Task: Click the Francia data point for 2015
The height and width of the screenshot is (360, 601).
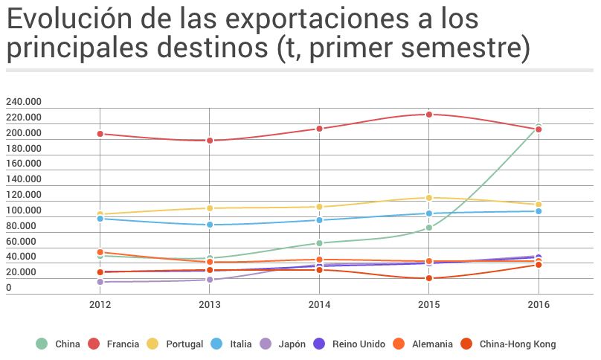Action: click(429, 115)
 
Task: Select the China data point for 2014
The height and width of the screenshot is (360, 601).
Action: click(319, 243)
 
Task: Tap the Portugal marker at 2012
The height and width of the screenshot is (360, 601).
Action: click(100, 214)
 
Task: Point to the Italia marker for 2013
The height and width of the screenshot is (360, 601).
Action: click(210, 225)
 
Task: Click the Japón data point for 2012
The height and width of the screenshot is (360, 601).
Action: click(100, 282)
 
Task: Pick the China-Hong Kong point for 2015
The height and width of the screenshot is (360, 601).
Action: click(429, 278)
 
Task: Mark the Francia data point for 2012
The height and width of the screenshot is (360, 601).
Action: click(100, 134)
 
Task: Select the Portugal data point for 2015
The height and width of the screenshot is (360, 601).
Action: click(429, 198)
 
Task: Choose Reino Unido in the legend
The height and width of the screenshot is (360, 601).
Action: click(358, 344)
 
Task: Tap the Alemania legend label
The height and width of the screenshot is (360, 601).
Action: click(431, 344)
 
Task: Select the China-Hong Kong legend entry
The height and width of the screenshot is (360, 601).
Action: click(517, 344)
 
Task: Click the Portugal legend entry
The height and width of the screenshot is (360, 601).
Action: click(184, 344)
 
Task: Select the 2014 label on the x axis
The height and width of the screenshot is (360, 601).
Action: click(319, 305)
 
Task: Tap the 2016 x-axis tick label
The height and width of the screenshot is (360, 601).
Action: click(539, 305)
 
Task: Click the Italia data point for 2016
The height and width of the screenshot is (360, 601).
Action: click(539, 211)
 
